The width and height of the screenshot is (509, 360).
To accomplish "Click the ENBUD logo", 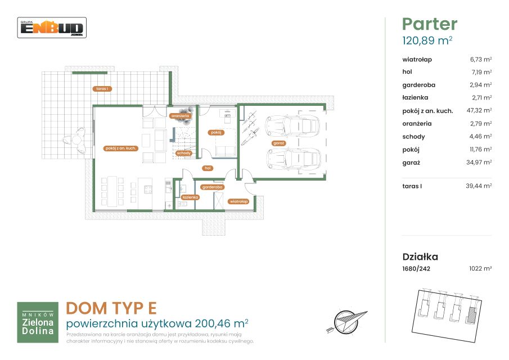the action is click(x=52, y=28).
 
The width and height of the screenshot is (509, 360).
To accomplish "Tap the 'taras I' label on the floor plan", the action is click(x=102, y=89).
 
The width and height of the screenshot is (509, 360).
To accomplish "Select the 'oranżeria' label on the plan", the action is click(x=181, y=115).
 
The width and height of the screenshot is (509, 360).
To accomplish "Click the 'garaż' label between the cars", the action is click(x=278, y=143).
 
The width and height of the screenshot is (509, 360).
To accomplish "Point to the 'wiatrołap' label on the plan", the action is click(x=238, y=201).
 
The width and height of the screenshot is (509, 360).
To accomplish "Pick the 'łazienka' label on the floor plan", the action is click(x=190, y=197).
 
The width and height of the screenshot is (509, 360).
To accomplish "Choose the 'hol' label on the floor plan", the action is click(x=208, y=168).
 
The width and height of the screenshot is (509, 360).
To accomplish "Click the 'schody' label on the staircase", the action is click(x=183, y=153).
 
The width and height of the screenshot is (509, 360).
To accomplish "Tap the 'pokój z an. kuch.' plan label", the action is click(x=121, y=148).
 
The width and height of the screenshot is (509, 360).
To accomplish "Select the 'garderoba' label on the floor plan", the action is click(x=212, y=187).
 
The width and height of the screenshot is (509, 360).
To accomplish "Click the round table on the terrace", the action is click(x=76, y=140).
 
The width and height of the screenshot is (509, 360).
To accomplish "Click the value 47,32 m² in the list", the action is click(x=479, y=110).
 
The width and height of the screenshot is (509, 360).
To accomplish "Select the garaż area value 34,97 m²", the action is click(x=479, y=163).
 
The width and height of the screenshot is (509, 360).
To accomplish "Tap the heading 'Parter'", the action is click(x=430, y=24).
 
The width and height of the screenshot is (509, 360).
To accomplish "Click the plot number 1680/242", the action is click(x=416, y=269).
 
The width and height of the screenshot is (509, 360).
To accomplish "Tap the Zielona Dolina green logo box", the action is click(x=38, y=322).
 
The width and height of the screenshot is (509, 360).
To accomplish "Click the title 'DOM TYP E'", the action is click(x=111, y=308).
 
